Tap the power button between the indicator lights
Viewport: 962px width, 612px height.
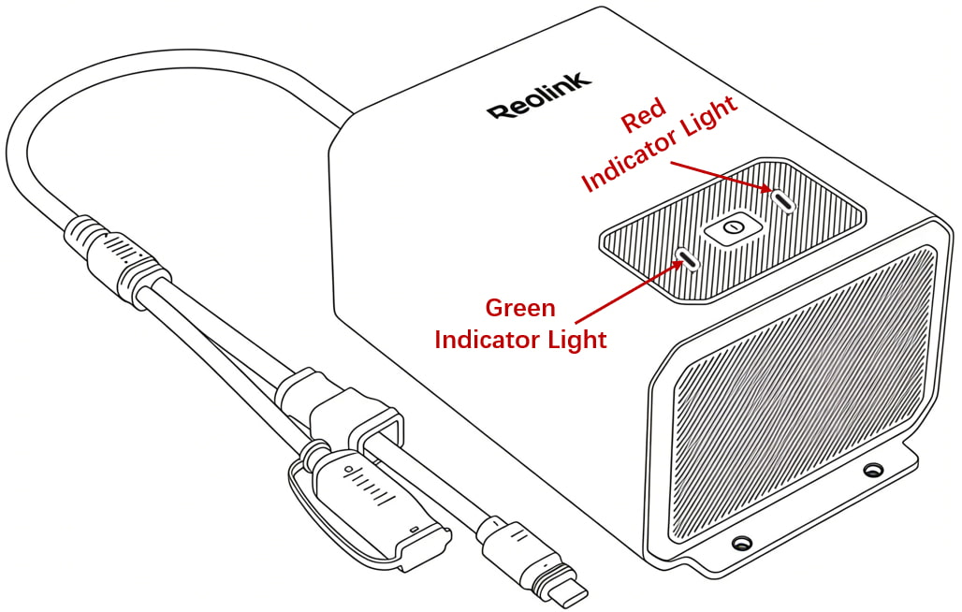coord(733,229)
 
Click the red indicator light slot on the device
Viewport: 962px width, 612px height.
coord(783,199)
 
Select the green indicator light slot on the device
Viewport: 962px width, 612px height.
coord(687,259)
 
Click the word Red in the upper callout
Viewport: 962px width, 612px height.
coord(644,115)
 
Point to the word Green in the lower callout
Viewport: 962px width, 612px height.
coord(520,307)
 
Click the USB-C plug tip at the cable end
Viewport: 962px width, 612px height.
coord(571,590)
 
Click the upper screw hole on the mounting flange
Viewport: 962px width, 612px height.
coord(871,471)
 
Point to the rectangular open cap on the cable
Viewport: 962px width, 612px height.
coord(359,418)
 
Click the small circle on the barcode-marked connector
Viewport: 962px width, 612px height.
coord(349,471)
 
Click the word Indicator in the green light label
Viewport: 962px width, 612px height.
coord(488,340)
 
